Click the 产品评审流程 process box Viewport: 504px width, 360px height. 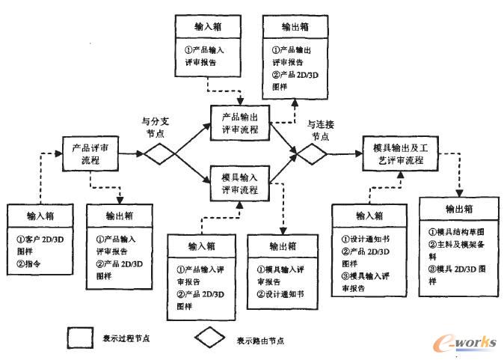[90, 154]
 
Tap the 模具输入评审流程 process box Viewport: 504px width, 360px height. [241, 183]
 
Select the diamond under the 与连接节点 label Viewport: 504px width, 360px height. [312, 153]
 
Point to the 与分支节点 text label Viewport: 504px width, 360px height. [155, 124]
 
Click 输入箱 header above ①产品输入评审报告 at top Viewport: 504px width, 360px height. [207, 28]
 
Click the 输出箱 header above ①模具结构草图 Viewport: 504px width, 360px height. [457, 208]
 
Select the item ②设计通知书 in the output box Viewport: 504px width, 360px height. [284, 294]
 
